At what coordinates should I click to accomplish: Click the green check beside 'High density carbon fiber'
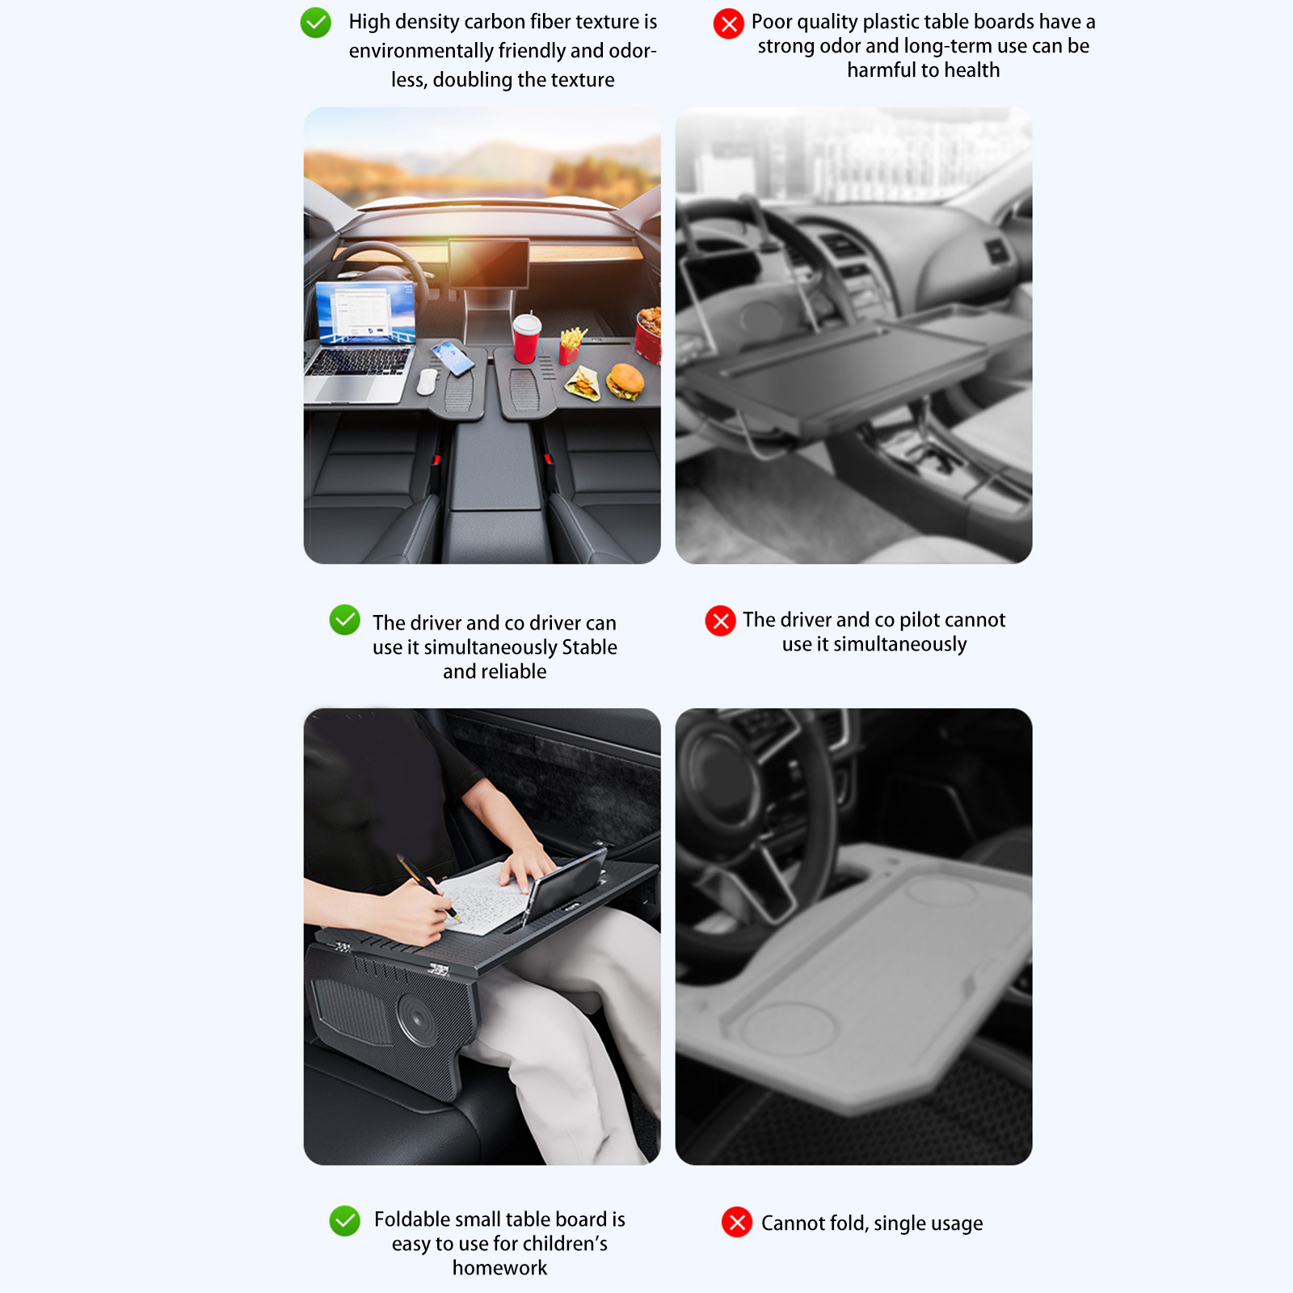pos(315,23)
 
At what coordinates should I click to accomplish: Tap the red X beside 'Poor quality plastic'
pos(728,24)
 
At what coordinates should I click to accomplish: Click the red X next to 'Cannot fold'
pos(737,1222)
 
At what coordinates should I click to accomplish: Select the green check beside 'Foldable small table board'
pos(345,1221)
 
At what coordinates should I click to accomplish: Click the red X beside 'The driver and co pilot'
pos(720,621)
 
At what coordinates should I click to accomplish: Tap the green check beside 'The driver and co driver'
pos(345,620)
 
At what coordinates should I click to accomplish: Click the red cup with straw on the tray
pos(527,338)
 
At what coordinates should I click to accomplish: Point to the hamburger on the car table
pos(625,381)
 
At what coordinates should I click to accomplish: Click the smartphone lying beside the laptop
pos(453,358)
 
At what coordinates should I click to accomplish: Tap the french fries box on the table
pos(571,344)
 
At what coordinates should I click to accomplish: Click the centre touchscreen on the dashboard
pos(489,263)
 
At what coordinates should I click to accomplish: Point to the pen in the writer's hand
pos(429,888)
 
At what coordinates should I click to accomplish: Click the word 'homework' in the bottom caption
pos(499,1268)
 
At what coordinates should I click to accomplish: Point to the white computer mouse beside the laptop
pos(427,383)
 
